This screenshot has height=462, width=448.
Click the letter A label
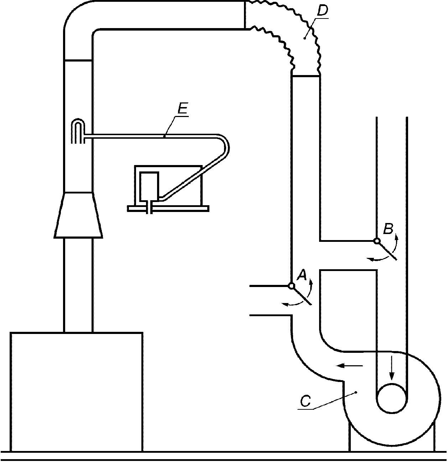tap(302, 275)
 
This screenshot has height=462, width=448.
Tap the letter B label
tap(389, 229)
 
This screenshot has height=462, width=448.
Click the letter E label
tap(183, 108)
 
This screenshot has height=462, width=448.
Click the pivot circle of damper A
tap(292, 286)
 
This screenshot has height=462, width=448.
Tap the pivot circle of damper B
tap(377, 241)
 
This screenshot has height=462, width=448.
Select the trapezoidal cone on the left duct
tap(78, 215)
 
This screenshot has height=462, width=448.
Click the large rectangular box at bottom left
tap(76, 392)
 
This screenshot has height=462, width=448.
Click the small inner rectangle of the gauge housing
tap(149, 187)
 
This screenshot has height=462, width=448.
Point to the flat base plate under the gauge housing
tap(168, 208)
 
